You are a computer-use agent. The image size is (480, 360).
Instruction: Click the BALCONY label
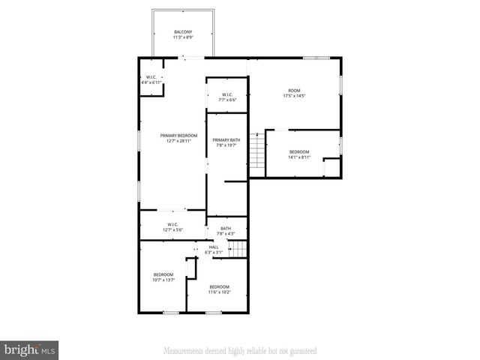pos(183,31)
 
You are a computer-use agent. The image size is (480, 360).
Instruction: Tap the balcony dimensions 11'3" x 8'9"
pos(183,37)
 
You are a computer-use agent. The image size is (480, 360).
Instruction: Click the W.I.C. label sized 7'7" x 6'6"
pos(227,94)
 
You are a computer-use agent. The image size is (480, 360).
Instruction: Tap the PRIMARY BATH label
pos(226,140)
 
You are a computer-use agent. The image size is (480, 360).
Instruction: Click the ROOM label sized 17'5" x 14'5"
pos(293,91)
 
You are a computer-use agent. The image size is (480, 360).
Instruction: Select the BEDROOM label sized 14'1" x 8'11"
pos(300,152)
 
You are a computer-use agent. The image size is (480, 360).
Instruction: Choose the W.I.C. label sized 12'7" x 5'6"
pos(172,224)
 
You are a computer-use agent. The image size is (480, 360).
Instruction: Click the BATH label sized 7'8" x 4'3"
pos(225,229)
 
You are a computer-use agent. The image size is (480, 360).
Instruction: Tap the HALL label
pos(214,247)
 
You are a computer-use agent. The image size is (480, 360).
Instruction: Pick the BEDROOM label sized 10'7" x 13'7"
pos(163,274)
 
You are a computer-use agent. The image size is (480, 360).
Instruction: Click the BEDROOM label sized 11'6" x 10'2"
pos(220,287)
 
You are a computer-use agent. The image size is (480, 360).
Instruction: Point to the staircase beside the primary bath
pos(258,150)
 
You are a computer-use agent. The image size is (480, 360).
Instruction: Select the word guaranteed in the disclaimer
pos(300,350)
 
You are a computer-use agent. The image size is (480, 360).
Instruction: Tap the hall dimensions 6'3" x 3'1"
pos(214,253)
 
